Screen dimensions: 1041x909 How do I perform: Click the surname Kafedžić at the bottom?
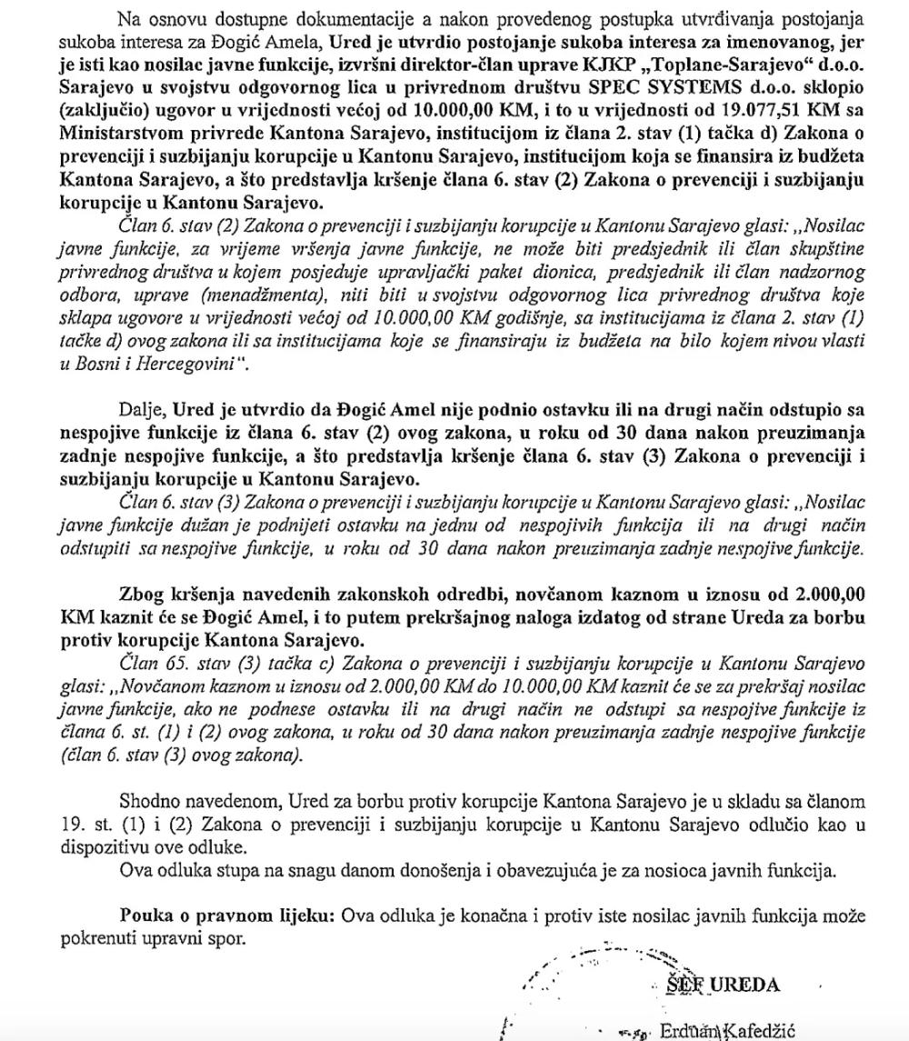(x=760, y=1030)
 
